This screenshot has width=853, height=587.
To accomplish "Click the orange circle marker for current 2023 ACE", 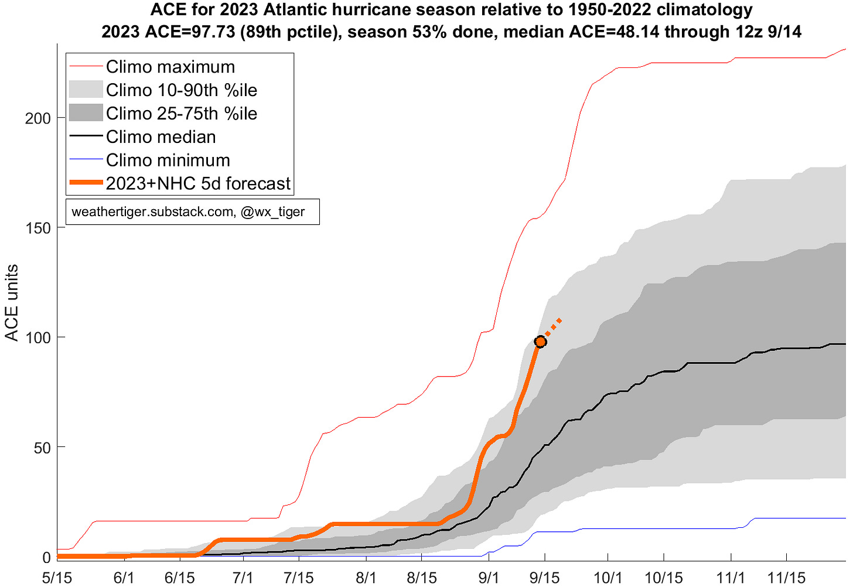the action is (x=540, y=342).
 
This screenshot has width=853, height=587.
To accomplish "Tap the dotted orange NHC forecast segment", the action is (x=553, y=327).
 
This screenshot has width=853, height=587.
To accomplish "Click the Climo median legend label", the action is (x=161, y=136).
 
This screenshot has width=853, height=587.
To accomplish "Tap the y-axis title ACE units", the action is (x=12, y=303).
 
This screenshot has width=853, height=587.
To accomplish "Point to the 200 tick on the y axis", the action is (x=37, y=119).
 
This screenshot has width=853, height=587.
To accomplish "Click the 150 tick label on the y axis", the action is (x=37, y=228).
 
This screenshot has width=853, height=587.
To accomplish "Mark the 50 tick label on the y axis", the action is (x=42, y=448).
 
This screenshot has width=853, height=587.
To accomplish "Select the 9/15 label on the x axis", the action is (x=545, y=578).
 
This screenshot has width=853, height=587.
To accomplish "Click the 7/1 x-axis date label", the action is (x=243, y=578).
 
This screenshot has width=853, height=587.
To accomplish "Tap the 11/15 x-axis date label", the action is (x=786, y=578).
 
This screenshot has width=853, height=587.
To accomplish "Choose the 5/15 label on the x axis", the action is (x=57, y=578).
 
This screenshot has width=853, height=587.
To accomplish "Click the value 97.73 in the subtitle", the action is (x=213, y=32).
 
